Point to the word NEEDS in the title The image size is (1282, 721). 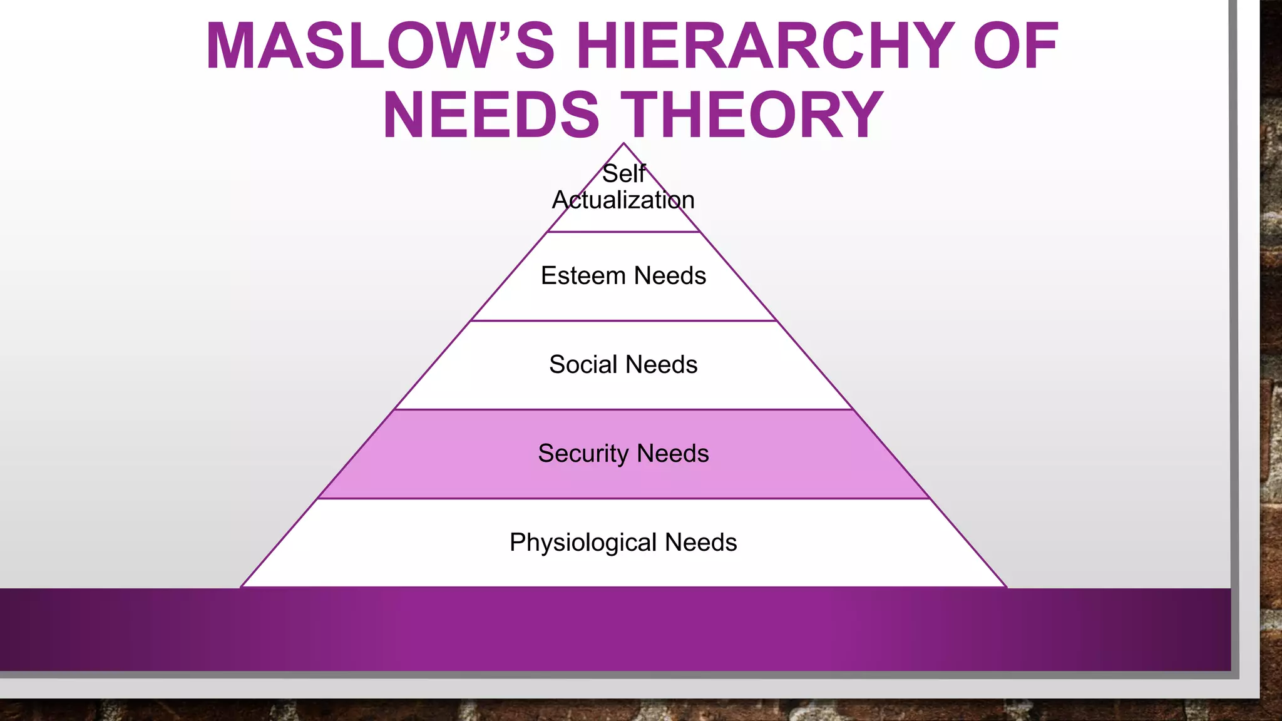click(491, 115)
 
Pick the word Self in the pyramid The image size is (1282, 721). click(623, 174)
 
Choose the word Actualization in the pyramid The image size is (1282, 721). click(623, 200)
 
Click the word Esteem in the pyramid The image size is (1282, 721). click(583, 276)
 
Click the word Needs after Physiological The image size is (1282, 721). click(700, 543)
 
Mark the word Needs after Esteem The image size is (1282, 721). click(670, 276)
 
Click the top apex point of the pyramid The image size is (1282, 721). click(623, 144)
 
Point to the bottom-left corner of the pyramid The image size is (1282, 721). click(242, 586)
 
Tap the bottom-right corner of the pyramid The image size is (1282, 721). click(1005, 586)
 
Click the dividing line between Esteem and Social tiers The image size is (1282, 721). click(623, 321)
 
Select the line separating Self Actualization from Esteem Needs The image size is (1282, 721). click(623, 232)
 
